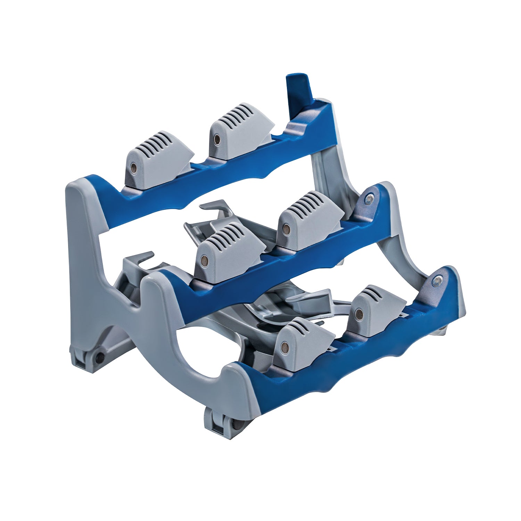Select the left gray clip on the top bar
click(x=158, y=160)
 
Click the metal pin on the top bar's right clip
click(x=217, y=140)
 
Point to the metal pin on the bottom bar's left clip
click(x=285, y=346)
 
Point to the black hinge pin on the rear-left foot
click(x=99, y=356)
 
